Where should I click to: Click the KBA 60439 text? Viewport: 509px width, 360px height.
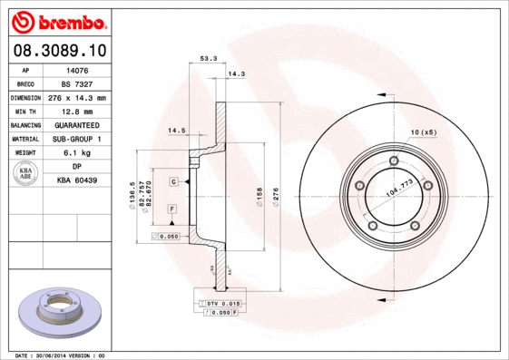pos(77,180)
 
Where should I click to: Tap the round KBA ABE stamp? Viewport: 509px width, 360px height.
pos(27,174)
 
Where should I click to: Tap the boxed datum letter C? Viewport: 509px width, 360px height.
pos(172,182)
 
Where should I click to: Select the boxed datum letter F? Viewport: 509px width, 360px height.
pos(171,209)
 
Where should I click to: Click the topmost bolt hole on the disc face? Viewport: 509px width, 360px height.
pos(393,161)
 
